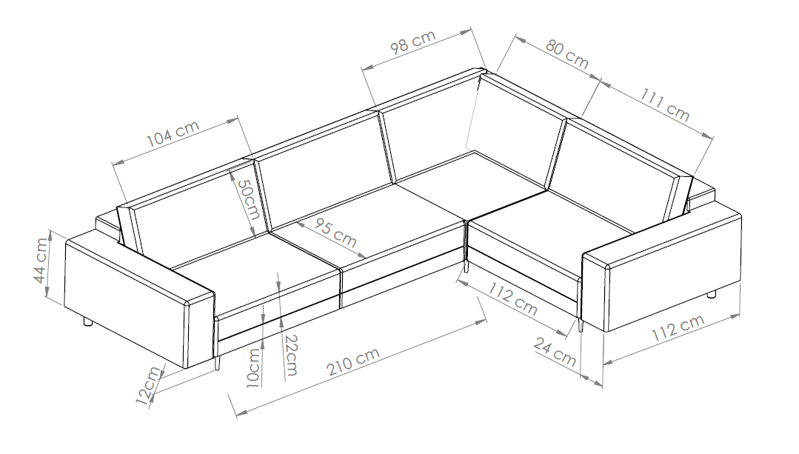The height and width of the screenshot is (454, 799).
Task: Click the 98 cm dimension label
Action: [x=413, y=41]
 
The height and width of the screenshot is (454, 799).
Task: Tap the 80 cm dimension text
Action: [x=567, y=53]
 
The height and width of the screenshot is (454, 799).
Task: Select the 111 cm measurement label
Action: [x=664, y=105]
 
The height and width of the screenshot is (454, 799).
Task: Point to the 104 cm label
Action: [x=173, y=133]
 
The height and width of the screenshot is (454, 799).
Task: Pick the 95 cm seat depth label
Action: [x=335, y=233]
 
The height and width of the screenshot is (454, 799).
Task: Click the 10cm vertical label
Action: [x=253, y=368]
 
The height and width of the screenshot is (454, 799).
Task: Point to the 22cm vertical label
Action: [x=291, y=355]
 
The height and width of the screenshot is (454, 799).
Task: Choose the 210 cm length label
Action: [x=352, y=361]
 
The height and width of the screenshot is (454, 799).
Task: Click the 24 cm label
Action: [x=555, y=353]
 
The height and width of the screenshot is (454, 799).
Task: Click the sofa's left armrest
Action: [x=138, y=299]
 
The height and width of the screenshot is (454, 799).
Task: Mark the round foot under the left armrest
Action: [x=87, y=322]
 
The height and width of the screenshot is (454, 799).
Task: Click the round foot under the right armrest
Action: [x=712, y=294]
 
